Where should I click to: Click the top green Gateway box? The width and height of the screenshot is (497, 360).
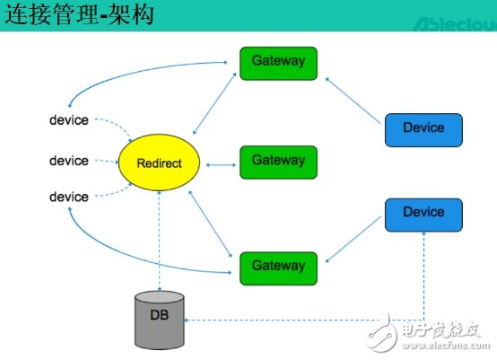278,62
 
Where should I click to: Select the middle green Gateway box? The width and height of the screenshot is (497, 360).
278,162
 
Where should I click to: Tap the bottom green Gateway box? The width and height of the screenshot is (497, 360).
278,267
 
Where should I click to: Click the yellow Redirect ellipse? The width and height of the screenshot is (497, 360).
160,163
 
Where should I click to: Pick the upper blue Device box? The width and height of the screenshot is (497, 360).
423,128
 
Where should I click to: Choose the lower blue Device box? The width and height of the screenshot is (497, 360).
423,214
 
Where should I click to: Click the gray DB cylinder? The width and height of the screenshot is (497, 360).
159,320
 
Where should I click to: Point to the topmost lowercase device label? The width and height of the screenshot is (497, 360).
69,119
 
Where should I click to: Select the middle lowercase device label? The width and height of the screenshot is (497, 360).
69,161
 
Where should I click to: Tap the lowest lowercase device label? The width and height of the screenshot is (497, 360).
69,197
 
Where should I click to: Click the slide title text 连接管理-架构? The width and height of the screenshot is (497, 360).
80,15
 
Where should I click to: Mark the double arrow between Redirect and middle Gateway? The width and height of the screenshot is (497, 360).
222,164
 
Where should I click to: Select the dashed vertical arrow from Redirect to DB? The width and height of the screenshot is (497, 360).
159,242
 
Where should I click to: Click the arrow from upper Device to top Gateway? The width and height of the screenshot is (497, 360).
355,99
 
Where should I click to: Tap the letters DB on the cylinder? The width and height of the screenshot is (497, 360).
159,316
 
